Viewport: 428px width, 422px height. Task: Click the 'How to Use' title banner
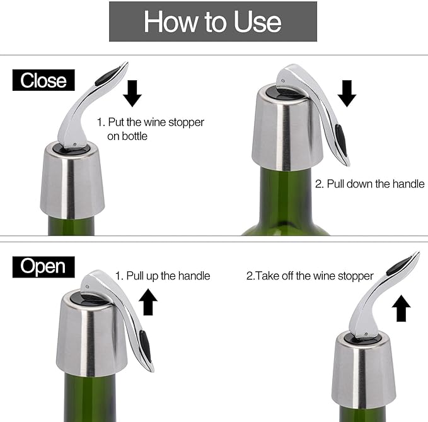coord(213,21)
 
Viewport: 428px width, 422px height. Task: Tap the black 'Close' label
coord(43,81)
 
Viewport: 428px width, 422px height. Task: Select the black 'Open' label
coord(43,266)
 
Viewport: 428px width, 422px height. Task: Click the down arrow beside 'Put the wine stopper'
coord(132,92)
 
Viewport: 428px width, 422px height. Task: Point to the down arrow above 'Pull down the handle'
coord(347,93)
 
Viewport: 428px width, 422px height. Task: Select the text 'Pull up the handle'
coord(163,276)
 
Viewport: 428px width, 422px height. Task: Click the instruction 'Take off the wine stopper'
coord(310,276)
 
